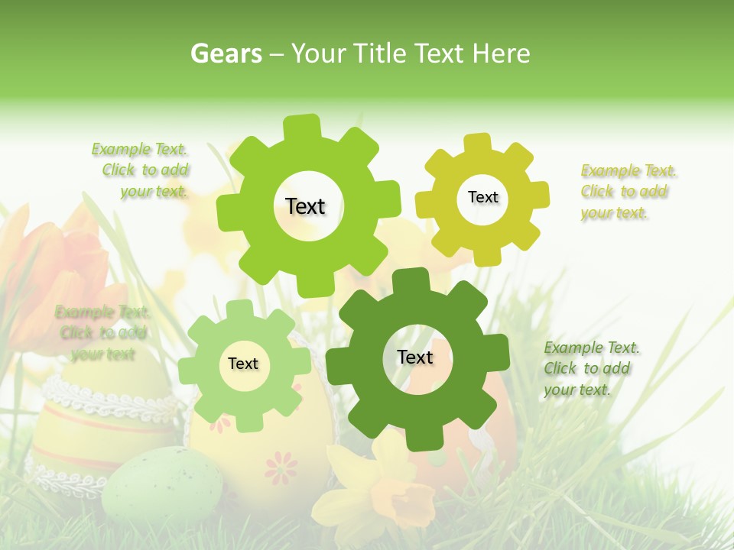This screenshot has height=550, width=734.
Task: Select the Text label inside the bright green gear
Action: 305,206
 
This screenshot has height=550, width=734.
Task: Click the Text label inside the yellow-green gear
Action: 482,197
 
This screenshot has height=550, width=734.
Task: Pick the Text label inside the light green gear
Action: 243,364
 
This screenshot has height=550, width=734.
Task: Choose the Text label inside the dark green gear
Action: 415,357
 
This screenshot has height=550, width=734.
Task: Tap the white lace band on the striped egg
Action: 115,404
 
